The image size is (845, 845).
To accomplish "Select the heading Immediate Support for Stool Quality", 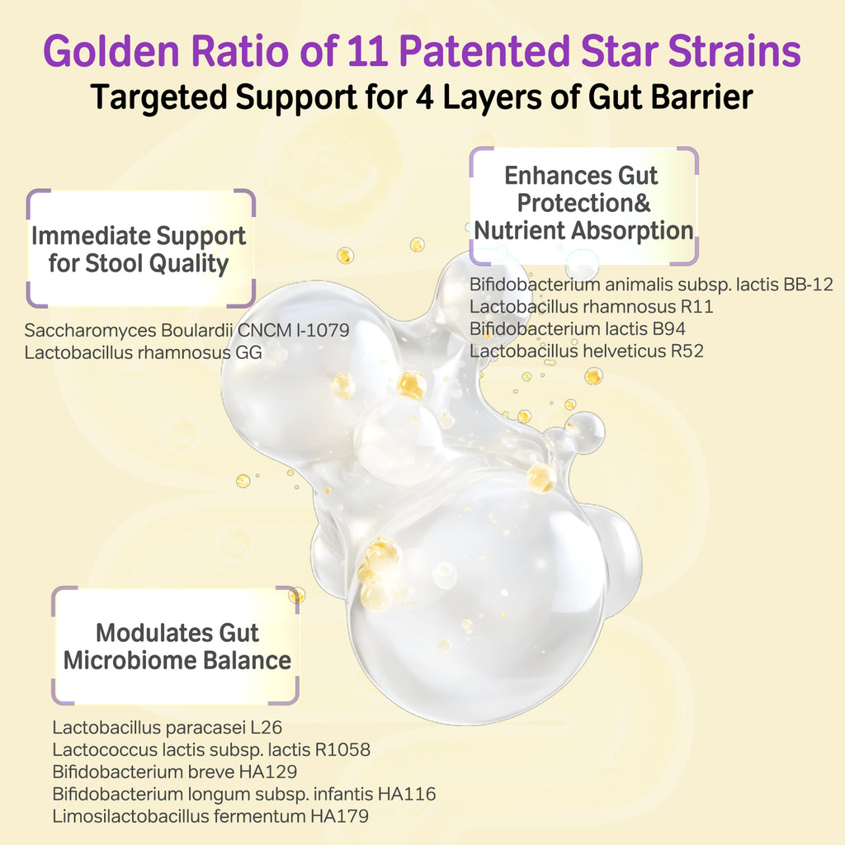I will pyautogui.click(x=139, y=249).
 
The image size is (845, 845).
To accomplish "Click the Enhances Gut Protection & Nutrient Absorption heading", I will pyautogui.click(x=583, y=203).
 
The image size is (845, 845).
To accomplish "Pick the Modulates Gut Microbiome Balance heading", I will pyautogui.click(x=177, y=646).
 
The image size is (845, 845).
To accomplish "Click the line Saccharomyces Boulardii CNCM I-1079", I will pyautogui.click(x=186, y=330).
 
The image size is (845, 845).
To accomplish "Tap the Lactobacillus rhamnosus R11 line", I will pyautogui.click(x=592, y=307).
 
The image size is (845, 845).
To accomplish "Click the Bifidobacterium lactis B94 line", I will pyautogui.click(x=578, y=328).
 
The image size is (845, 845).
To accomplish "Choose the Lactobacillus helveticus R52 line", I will pyautogui.click(x=587, y=351).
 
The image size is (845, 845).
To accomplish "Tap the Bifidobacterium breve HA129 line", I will pyautogui.click(x=174, y=772).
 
